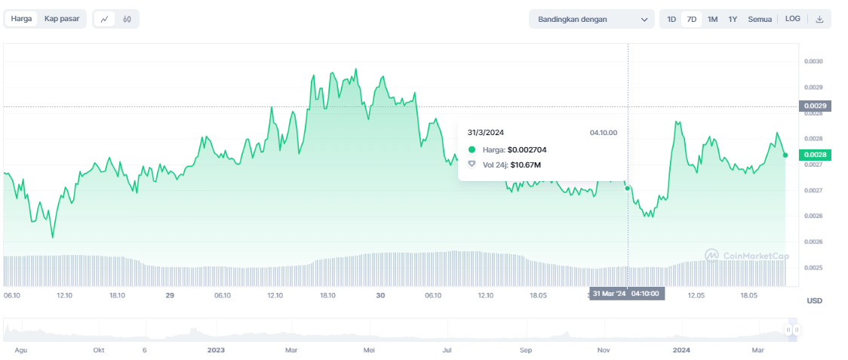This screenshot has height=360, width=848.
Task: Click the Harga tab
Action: click(21, 19)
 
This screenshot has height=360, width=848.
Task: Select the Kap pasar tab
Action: click(62, 19)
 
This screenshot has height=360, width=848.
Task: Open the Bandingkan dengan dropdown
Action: click(591, 20)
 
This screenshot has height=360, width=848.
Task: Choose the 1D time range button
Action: click(671, 20)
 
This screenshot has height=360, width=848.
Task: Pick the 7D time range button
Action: click(691, 20)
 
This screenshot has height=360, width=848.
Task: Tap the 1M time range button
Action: click(712, 20)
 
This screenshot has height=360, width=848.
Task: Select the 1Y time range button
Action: click(733, 20)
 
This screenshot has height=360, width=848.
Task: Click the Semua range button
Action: click(760, 20)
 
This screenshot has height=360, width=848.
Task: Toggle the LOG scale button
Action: click(792, 19)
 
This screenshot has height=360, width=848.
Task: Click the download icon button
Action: click(820, 20)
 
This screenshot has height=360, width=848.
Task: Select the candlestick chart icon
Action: click(127, 20)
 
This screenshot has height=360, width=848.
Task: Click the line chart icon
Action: click(104, 20)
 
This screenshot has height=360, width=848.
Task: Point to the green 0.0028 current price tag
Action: click(815, 155)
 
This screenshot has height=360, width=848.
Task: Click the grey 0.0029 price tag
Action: click(815, 106)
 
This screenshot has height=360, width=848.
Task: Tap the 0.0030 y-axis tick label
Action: click(813, 61)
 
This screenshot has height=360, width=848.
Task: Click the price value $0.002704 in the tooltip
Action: click(527, 149)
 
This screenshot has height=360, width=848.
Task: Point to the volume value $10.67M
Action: click(525, 165)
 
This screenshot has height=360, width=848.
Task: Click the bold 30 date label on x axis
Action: click(380, 296)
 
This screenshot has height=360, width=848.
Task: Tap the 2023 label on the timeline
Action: click(216, 350)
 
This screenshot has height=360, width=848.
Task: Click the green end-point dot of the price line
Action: click(785, 155)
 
